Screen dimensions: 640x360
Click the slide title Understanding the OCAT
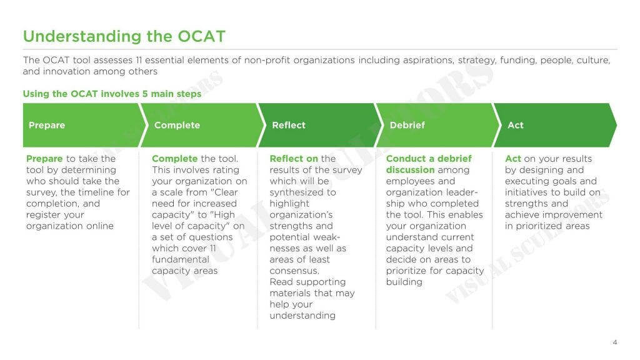124,36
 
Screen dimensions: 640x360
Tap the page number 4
615,342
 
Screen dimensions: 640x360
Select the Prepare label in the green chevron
47,125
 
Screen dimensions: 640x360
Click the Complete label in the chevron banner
177,125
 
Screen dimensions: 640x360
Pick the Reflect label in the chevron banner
289,125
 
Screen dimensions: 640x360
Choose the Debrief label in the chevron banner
407,125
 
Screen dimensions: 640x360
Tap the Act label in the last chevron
516,125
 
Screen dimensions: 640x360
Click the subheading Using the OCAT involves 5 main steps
112,94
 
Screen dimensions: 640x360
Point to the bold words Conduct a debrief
429,159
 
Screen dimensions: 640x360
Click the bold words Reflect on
294,159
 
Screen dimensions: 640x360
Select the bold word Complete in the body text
174,159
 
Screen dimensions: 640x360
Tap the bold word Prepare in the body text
44,159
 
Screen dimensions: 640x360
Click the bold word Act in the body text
512,159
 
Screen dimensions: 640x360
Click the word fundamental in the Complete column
181,259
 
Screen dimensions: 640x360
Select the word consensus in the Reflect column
294,271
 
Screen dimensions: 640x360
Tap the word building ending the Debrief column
404,282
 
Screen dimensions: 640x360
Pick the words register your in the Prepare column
55,215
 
